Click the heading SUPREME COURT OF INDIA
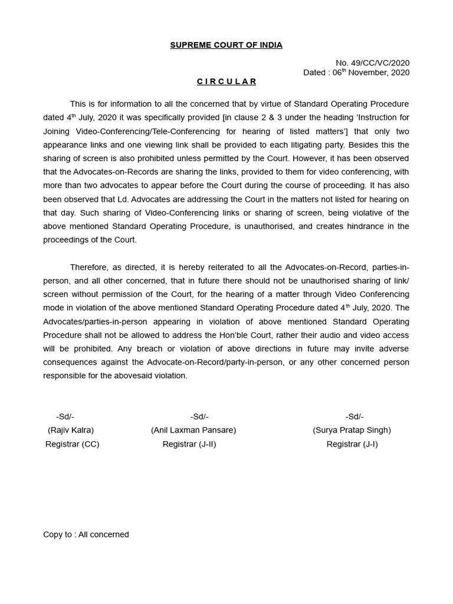coord(226,45)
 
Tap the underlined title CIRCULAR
coord(226,81)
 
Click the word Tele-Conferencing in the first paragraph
coord(191,131)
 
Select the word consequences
coord(68,362)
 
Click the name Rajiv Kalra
coord(71,430)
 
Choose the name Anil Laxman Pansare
coord(193,430)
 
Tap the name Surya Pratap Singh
coord(352,430)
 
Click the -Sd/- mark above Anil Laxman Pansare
coord(199,416)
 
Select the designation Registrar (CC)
coord(72,444)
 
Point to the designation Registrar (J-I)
coord(352,444)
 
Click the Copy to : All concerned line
coord(86,534)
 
